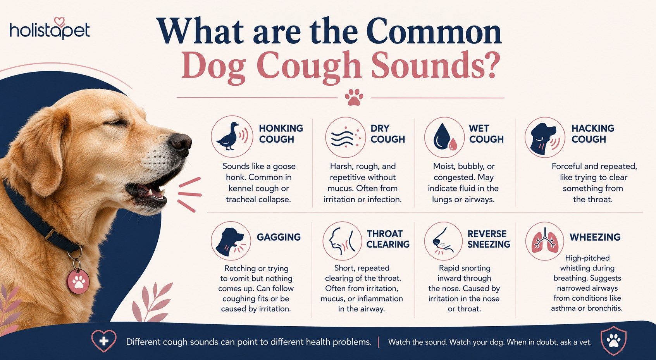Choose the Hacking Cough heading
[x=593, y=134]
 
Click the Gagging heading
[x=279, y=237]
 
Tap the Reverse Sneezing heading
[x=489, y=239]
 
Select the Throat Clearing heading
[x=388, y=239]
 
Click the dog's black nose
[x=181, y=143]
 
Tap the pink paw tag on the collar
[x=78, y=281]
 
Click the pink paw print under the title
[x=354, y=97]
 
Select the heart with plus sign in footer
[x=104, y=341]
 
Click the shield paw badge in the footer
[x=613, y=341]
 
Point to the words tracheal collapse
[x=258, y=200]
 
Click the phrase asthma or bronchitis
[x=587, y=308]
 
